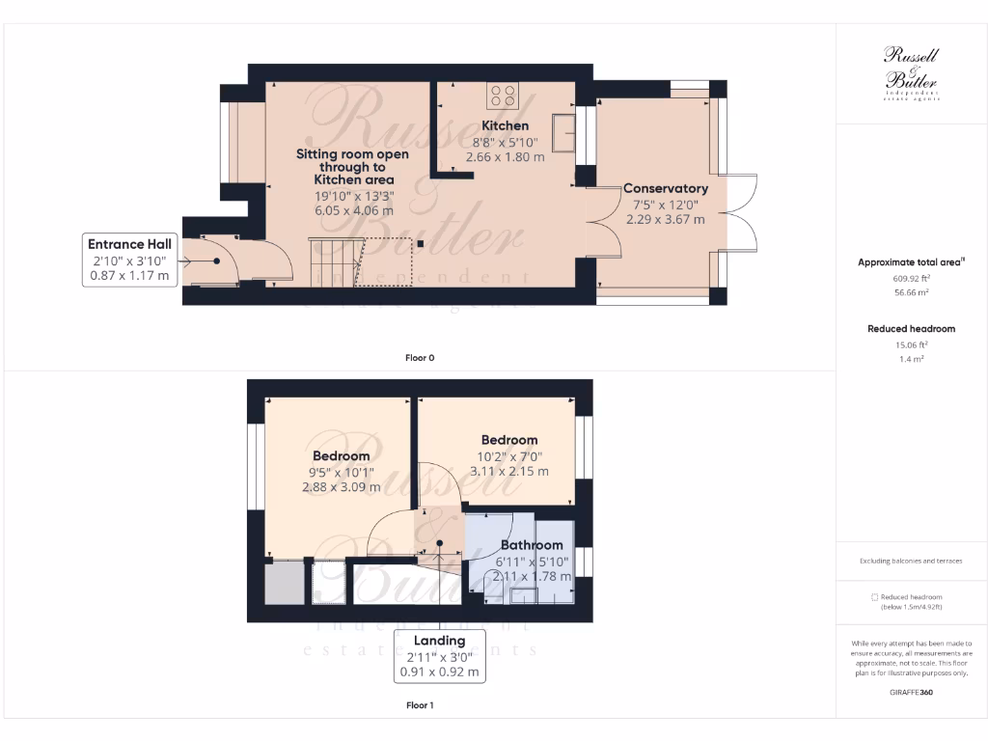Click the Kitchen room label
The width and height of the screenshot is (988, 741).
point(505,125)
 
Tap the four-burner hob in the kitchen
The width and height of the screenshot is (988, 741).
point(503,95)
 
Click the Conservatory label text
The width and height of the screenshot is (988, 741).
point(665,188)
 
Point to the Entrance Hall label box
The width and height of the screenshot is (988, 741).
point(129,260)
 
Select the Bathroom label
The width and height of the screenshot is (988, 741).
point(531,545)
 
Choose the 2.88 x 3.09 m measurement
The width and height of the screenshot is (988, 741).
point(341,487)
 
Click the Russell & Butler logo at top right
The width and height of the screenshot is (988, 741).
point(911,73)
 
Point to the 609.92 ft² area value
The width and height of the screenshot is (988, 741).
point(911,277)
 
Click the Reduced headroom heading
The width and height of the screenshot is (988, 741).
point(911,329)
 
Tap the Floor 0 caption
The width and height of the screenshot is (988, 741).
point(420,358)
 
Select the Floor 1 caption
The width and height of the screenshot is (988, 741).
point(420,705)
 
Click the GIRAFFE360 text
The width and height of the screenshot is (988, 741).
point(911,692)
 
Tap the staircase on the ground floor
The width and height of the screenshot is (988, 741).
point(334,261)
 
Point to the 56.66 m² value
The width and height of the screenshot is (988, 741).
point(911,292)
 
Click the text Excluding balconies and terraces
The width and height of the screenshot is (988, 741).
point(911,561)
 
